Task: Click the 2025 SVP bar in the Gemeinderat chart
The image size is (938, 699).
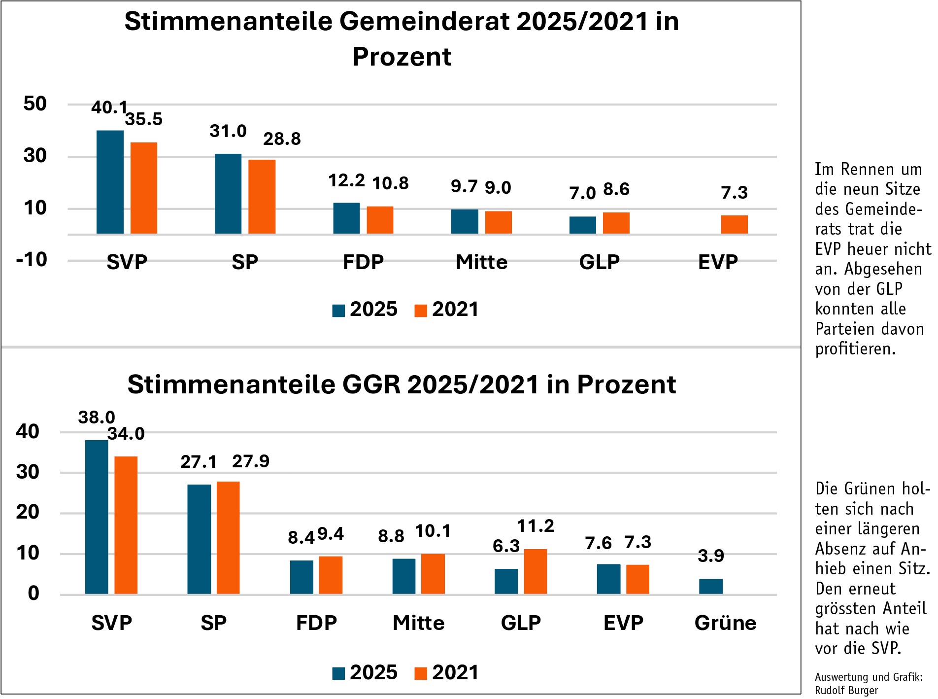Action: click(x=110, y=182)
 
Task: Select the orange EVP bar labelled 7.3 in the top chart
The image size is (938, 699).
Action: click(x=734, y=224)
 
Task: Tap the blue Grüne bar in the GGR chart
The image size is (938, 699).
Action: click(x=710, y=587)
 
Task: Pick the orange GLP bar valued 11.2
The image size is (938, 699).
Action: click(x=535, y=571)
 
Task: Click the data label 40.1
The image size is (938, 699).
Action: click(x=109, y=107)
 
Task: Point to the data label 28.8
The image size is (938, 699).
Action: click(x=282, y=139)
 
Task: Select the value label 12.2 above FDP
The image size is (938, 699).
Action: click(x=346, y=181)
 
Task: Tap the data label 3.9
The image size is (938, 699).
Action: click(x=710, y=556)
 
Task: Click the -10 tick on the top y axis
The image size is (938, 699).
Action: click(x=32, y=259)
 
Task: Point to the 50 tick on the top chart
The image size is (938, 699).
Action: click(x=35, y=104)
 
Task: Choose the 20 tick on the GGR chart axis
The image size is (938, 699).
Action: click(x=28, y=512)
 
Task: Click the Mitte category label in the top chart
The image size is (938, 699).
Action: click(x=481, y=262)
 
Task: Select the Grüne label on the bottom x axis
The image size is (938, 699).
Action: click(x=725, y=623)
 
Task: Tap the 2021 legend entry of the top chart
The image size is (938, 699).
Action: click(x=447, y=310)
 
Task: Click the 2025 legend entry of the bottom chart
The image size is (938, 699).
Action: click(x=365, y=672)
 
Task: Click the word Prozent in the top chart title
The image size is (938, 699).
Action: click(x=402, y=57)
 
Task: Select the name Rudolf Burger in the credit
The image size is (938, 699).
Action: click(x=846, y=690)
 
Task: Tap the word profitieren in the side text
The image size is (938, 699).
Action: click(x=855, y=349)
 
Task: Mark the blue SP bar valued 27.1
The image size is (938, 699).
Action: click(x=199, y=539)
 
